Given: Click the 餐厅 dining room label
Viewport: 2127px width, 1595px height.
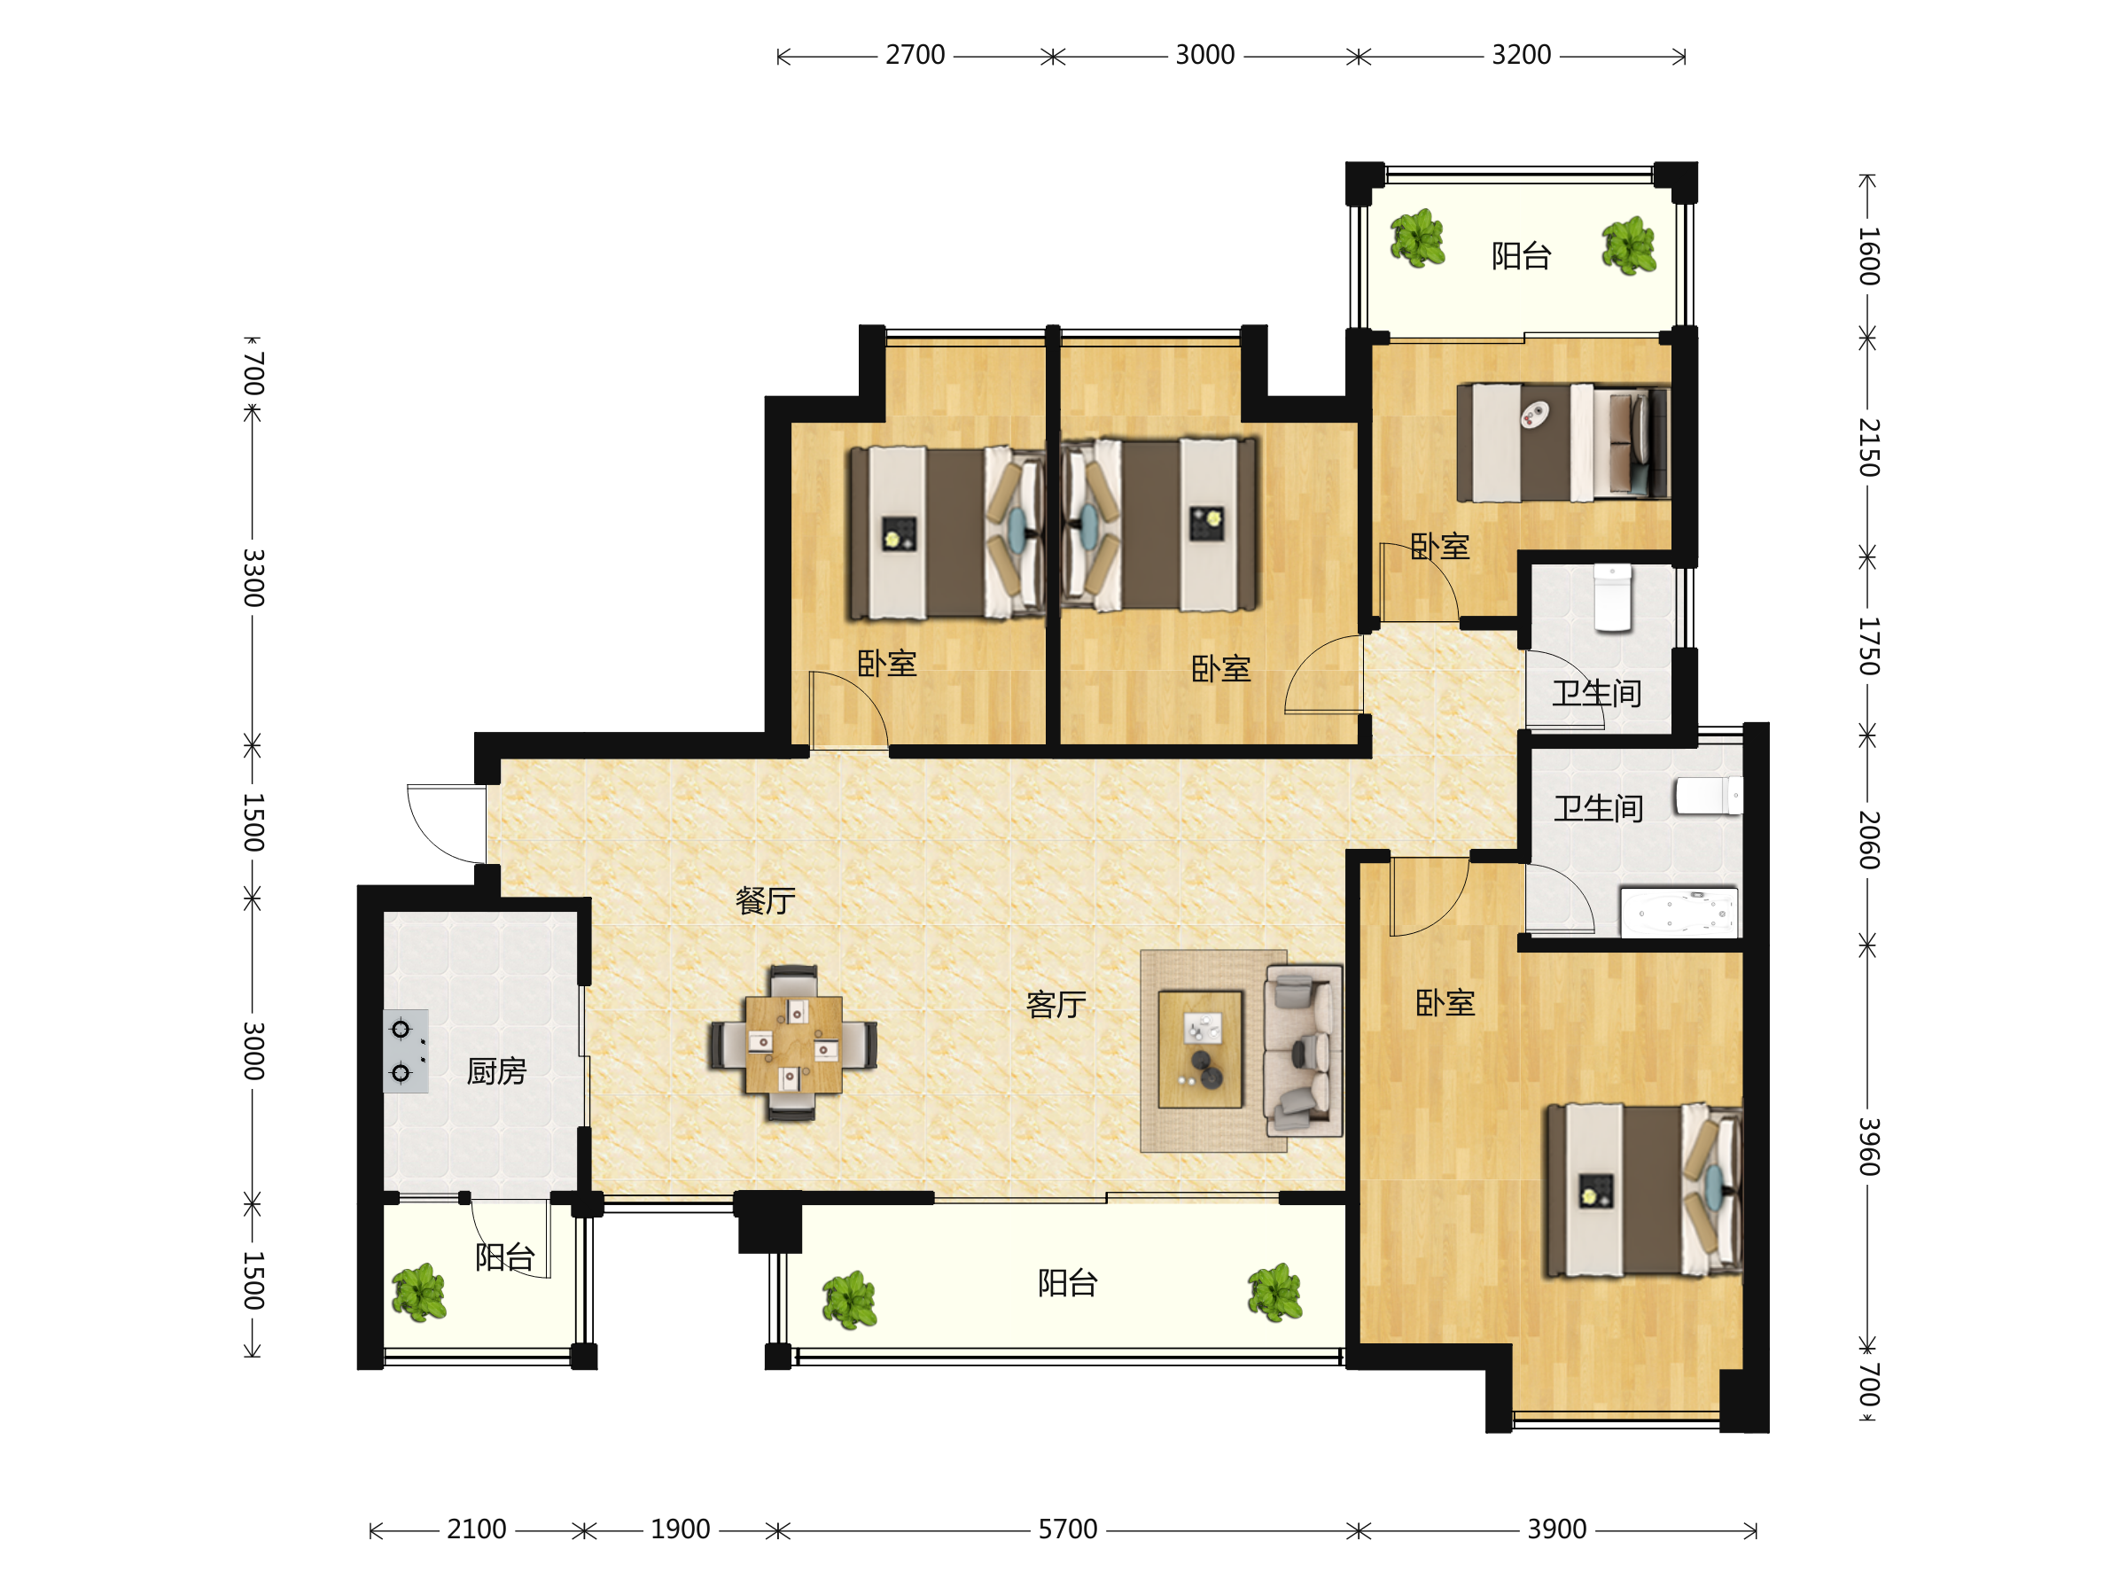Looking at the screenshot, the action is tap(766, 901).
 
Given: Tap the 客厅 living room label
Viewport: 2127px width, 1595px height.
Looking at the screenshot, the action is tap(1056, 1005).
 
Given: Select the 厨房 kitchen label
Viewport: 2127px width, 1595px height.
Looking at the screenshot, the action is tap(496, 1071).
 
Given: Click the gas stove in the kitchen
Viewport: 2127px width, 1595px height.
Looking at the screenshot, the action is tap(406, 1051).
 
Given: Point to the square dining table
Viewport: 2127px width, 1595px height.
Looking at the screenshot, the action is tap(793, 1044).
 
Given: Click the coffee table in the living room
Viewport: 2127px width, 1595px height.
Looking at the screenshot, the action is tap(1200, 1050).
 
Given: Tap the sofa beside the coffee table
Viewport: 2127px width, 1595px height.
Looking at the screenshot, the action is tap(1303, 1051).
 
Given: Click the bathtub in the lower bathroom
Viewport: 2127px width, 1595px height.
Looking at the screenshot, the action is tap(1679, 913).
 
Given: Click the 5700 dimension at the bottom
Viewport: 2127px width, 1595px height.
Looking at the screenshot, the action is tap(1067, 1529).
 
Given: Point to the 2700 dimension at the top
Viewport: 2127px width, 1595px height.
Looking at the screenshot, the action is tap(915, 56).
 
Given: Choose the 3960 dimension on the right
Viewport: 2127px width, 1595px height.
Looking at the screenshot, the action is tap(1867, 1146).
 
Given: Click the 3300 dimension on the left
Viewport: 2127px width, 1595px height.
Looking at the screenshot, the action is tap(252, 578).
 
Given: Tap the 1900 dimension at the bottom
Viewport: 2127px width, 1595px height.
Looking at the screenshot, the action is tap(680, 1529).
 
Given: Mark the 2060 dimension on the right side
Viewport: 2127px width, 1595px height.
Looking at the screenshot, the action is tap(1867, 840).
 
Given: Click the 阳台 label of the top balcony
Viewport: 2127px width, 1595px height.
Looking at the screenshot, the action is tap(1521, 256).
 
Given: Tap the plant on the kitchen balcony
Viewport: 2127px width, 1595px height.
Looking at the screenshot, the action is tap(419, 1293).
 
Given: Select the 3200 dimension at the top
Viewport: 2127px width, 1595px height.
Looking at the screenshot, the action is tap(1521, 56).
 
